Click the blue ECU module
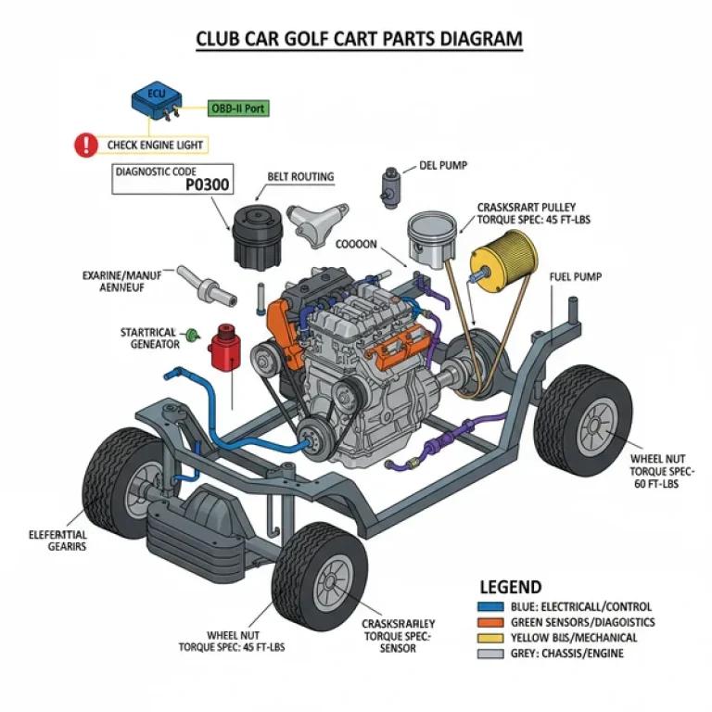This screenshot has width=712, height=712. click(155, 101)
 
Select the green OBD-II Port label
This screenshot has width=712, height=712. click(238, 108)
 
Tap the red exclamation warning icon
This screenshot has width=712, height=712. click(86, 145)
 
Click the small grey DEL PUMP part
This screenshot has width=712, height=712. click(389, 187)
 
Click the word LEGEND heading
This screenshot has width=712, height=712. click(511, 587)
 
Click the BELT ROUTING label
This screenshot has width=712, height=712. click(300, 176)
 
